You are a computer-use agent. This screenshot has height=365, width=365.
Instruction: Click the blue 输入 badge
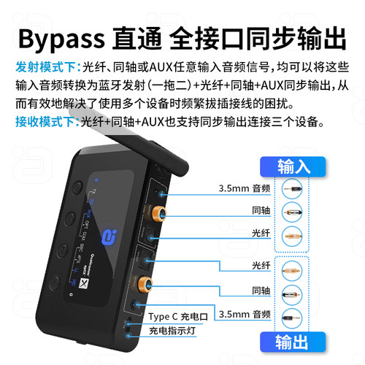293,166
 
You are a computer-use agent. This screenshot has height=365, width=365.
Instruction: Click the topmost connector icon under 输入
293,188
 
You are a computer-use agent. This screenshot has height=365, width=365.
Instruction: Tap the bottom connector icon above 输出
293,315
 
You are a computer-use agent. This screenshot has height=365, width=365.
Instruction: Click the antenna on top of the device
135,146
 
